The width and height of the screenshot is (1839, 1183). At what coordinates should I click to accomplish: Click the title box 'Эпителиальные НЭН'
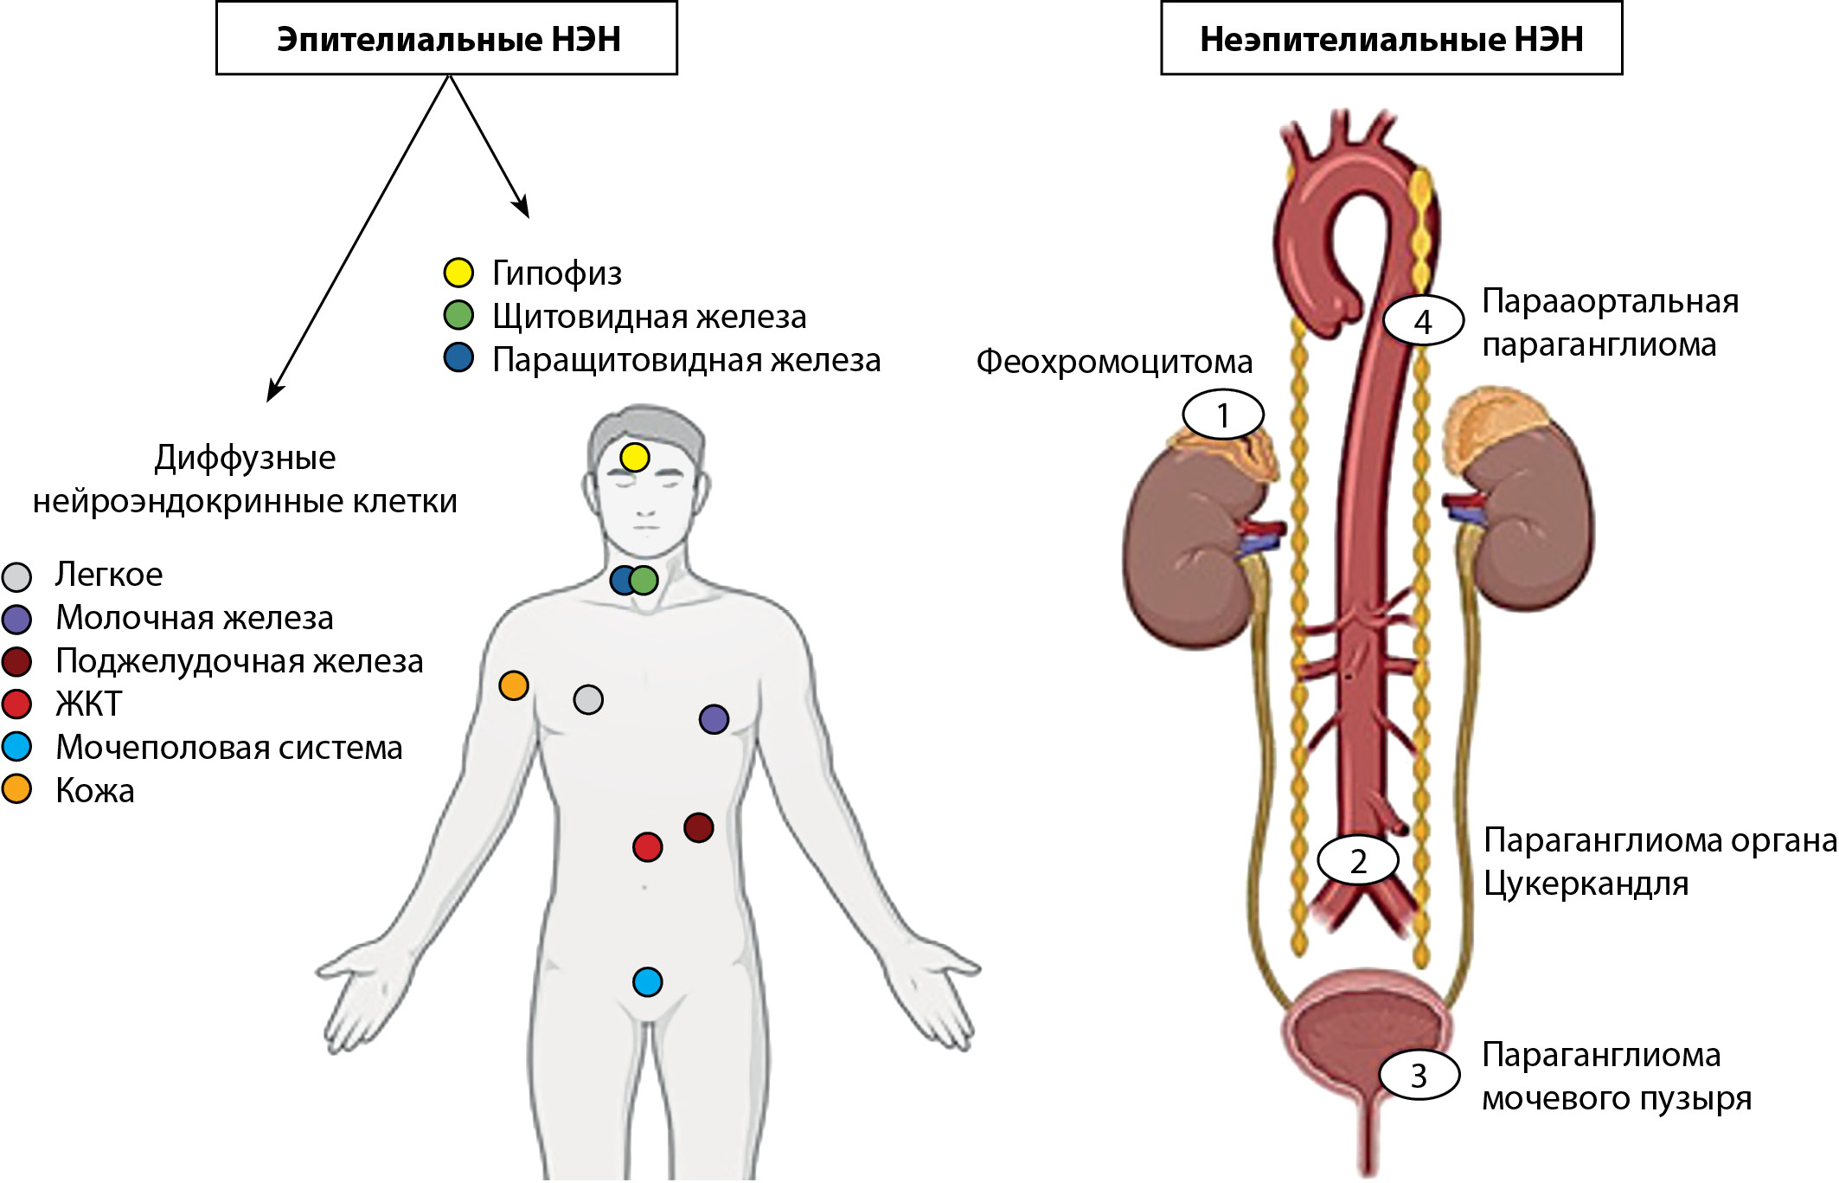tap(446, 39)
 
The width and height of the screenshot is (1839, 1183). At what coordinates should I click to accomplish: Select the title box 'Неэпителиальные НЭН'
tap(1391, 39)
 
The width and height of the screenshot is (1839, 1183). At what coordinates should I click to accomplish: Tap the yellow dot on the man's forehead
tap(634, 457)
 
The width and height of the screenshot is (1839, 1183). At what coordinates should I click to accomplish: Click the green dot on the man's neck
tap(644, 580)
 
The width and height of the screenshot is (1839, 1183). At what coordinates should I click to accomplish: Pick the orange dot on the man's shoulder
tap(514, 685)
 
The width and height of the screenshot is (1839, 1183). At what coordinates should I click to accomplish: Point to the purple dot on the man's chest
tap(714, 719)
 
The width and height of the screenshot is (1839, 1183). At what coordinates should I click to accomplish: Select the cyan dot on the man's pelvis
tap(647, 982)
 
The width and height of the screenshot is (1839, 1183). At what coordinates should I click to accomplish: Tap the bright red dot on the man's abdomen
tap(647, 846)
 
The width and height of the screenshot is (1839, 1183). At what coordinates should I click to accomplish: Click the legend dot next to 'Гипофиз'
tap(458, 273)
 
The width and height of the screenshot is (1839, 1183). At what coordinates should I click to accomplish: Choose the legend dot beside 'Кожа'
tap(17, 789)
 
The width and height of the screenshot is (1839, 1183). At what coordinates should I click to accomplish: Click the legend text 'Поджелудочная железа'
tap(240, 661)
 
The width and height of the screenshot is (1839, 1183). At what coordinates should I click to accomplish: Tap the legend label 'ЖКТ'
tap(89, 704)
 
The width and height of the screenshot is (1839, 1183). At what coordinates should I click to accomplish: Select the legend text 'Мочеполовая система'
tap(229, 748)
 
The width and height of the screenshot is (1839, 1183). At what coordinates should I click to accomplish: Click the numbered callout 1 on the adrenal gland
tap(1223, 415)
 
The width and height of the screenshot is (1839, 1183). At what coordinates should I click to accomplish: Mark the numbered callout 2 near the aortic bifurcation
tap(1358, 861)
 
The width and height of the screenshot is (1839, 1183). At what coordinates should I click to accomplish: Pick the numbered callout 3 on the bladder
tap(1419, 1076)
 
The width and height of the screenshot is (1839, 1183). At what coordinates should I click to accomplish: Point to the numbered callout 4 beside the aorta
tap(1423, 322)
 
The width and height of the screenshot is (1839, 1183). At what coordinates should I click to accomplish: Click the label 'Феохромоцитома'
tap(1114, 362)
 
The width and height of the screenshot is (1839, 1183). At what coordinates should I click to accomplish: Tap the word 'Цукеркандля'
tap(1586, 884)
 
